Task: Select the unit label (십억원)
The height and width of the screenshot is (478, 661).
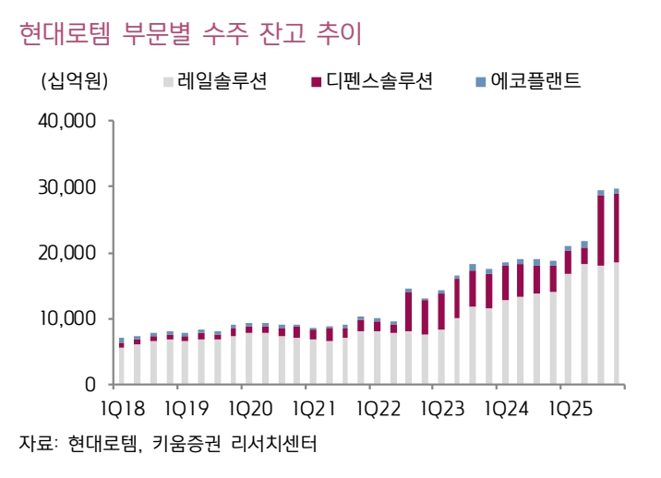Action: [75, 81]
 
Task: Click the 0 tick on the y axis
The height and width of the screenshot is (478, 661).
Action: [90, 384]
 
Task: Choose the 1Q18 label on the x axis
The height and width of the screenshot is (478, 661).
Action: [122, 408]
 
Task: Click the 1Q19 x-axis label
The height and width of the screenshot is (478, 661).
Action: [186, 408]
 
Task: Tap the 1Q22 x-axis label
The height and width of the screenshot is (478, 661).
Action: [375, 408]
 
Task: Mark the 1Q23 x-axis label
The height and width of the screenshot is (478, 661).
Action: [439, 408]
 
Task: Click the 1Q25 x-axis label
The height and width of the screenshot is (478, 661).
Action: [564, 408]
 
